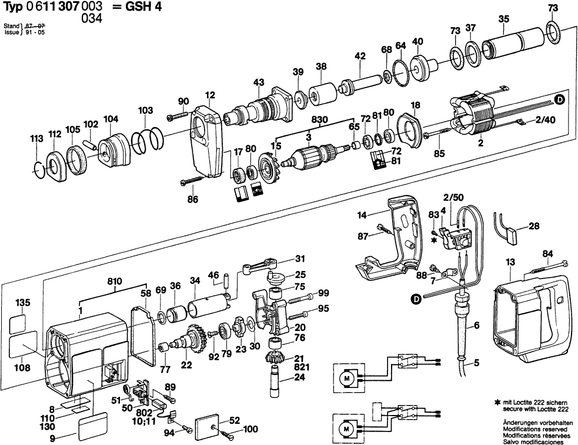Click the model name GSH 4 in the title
143,6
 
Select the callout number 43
259,83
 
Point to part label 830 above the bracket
319,119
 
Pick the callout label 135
22,303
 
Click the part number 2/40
545,121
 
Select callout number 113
37,139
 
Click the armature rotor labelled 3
312,157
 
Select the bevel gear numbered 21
275,356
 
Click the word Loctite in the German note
523,402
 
